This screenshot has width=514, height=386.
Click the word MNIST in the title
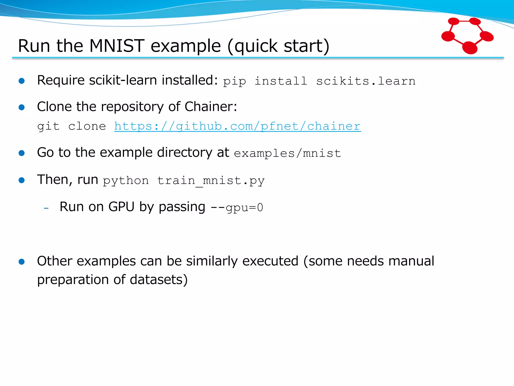coord(117,46)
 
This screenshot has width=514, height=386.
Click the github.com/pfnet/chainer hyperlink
coord(237,126)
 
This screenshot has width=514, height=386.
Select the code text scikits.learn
coord(366,81)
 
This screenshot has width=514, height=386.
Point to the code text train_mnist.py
coord(211,181)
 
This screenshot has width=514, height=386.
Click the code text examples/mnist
coord(287,153)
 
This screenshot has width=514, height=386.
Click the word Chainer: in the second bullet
coord(211,107)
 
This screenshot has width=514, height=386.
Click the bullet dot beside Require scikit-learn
coord(22,81)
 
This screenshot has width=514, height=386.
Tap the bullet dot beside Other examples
coord(22,262)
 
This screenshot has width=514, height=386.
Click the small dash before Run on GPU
coord(46,208)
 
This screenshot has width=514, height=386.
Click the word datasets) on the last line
coord(159,280)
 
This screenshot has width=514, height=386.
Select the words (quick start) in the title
coord(278,46)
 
